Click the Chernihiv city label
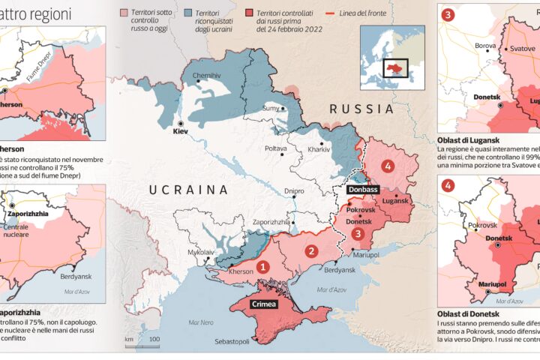(x=207, y=76)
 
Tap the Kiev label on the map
(x=180, y=130)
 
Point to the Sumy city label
(x=270, y=109)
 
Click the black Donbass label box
(x=362, y=190)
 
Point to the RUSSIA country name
(x=362, y=109)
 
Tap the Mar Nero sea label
(x=201, y=323)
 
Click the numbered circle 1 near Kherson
(x=263, y=265)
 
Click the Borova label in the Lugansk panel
(x=485, y=45)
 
